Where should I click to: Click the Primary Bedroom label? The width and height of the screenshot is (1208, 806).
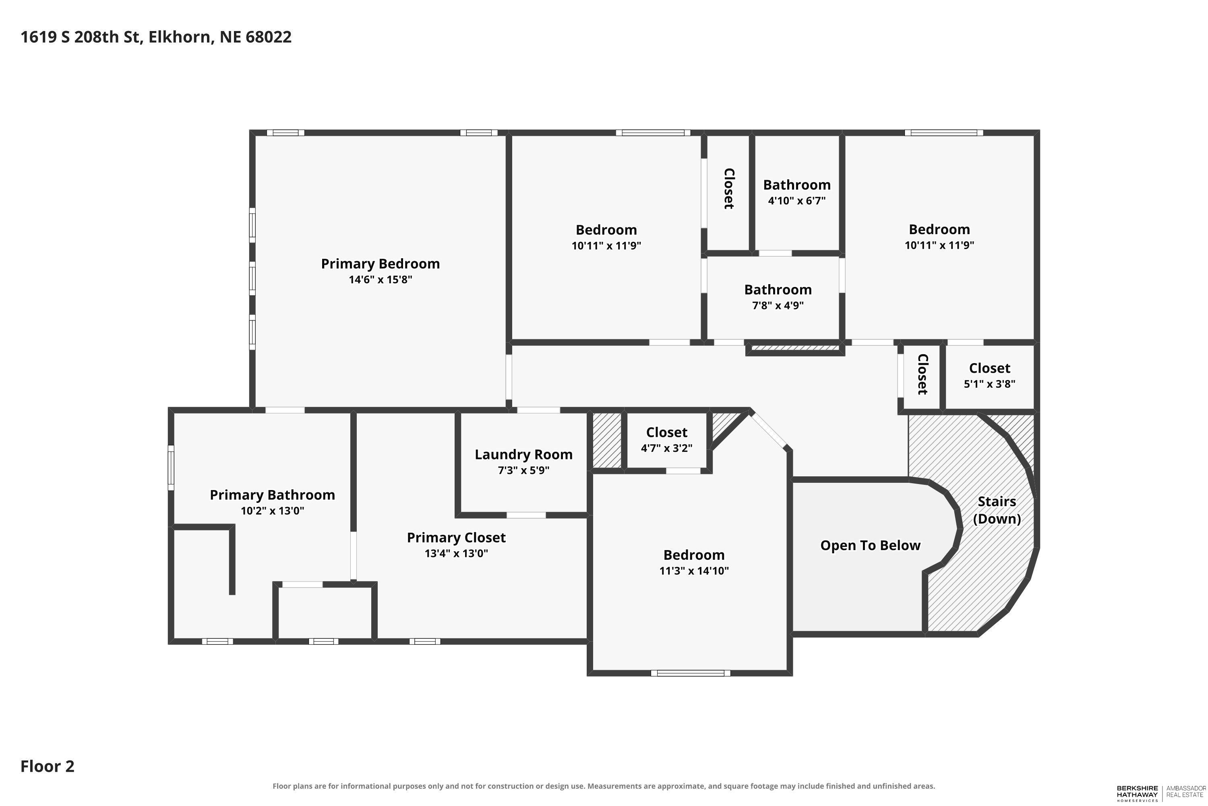[380, 264]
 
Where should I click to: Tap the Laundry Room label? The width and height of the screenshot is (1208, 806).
[523, 455]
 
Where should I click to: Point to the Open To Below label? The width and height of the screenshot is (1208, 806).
[870, 545]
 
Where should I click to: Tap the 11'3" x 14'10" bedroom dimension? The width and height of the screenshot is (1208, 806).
[694, 571]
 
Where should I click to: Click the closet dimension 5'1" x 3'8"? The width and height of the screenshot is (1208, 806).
[989, 384]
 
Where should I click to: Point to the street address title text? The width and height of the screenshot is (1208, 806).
[156, 37]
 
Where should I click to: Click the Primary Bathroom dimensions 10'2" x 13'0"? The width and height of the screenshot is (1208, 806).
[272, 511]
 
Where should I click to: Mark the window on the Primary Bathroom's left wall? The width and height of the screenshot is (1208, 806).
[171, 468]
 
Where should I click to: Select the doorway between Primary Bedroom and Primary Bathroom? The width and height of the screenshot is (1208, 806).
[285, 410]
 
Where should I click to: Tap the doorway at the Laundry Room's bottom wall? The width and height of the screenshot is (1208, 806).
[526, 515]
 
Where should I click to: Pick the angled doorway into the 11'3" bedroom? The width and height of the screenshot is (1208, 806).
[769, 431]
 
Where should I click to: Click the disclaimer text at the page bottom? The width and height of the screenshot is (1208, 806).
[604, 786]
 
